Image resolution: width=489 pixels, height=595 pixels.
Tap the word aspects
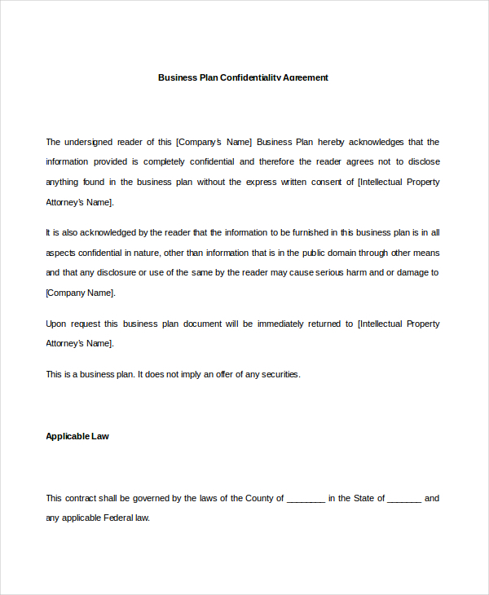[x=61, y=253]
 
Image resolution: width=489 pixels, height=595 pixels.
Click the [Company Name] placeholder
[x=80, y=293]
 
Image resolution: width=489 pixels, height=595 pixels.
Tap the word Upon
[x=57, y=324]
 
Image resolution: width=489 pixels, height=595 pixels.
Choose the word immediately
[x=281, y=324]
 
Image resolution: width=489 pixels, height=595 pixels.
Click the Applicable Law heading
[x=77, y=436]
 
